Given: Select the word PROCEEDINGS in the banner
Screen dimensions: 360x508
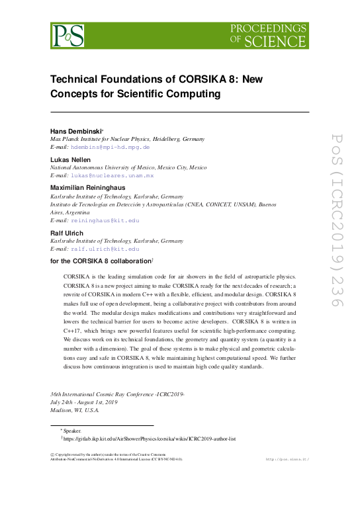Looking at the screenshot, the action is pyautogui.click(x=270, y=28).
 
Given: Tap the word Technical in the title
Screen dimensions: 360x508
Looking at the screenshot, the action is pyautogui.click(x=76, y=79).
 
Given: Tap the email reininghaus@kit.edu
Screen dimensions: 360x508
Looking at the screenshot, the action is pyautogui.click(x=106, y=220).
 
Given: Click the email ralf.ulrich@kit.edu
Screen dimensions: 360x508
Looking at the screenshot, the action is pyautogui.click(x=106, y=249).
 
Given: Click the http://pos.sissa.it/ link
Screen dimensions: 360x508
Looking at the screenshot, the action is pyautogui.click(x=287, y=458).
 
